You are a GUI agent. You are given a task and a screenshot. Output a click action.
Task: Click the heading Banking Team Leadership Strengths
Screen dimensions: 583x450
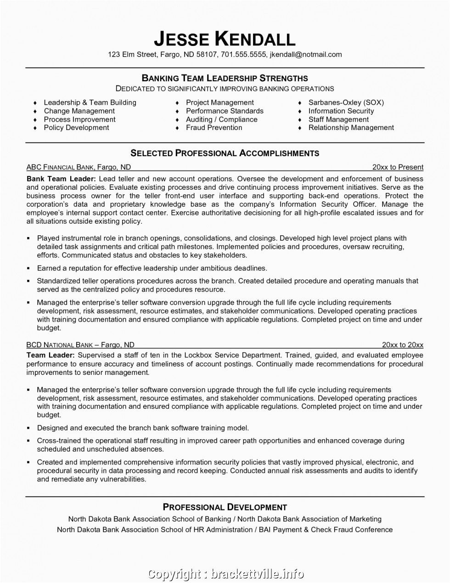click(225, 78)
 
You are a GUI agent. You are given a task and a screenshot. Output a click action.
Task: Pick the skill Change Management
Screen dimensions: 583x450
click(79, 111)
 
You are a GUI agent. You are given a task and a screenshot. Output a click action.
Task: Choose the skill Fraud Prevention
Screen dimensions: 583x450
click(214, 128)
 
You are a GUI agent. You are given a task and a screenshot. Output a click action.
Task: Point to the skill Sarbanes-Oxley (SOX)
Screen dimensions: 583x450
click(346, 102)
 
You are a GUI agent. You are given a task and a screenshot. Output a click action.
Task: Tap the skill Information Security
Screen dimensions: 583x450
click(341, 111)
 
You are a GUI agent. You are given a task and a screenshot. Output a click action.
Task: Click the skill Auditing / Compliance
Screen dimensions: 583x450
click(222, 119)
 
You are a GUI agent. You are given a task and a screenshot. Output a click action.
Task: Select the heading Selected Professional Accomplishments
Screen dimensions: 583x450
click(225, 153)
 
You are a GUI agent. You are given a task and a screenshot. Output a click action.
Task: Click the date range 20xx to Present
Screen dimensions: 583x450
click(398, 167)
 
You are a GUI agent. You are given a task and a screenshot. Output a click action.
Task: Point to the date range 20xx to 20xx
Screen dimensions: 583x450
click(403, 345)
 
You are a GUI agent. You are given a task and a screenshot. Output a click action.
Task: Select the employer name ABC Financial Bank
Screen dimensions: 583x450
click(60, 167)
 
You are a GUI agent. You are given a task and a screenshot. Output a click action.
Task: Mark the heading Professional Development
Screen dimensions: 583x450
click(225, 507)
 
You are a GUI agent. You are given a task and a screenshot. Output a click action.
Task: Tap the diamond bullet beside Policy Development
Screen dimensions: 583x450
click(35, 128)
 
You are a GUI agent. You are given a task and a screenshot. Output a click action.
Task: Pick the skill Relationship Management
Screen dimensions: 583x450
click(351, 128)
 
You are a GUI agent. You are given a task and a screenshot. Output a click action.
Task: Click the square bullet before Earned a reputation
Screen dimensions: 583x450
click(28, 267)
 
